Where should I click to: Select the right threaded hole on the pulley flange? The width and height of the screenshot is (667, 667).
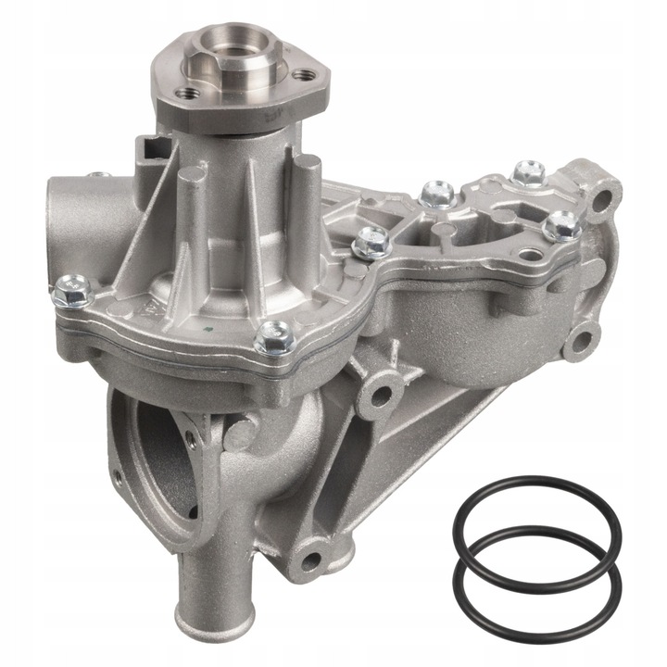(299, 75)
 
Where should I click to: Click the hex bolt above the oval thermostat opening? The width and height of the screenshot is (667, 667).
(275, 337)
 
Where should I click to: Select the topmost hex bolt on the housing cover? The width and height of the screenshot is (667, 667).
(528, 171)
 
